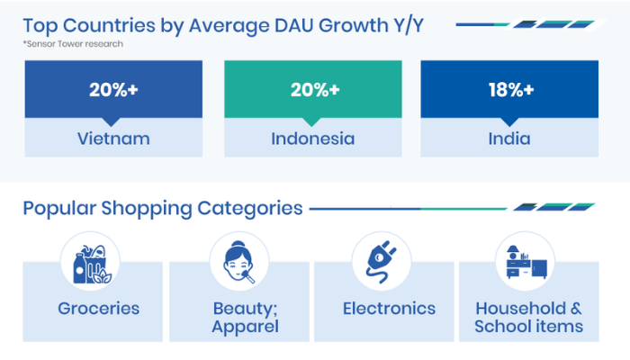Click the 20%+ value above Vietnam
click(113, 90)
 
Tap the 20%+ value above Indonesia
click(315, 90)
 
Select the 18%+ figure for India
click(511, 90)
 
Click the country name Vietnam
click(113, 139)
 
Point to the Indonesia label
click(313, 139)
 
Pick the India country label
click(509, 139)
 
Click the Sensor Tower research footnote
click(73, 44)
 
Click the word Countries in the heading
click(109, 26)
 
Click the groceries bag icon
click(92, 264)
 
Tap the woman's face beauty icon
click(238, 262)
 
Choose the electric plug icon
click(382, 262)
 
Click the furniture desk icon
click(526, 262)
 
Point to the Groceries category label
click(98, 309)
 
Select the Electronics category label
click(389, 309)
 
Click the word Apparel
click(245, 327)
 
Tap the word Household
click(521, 309)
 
